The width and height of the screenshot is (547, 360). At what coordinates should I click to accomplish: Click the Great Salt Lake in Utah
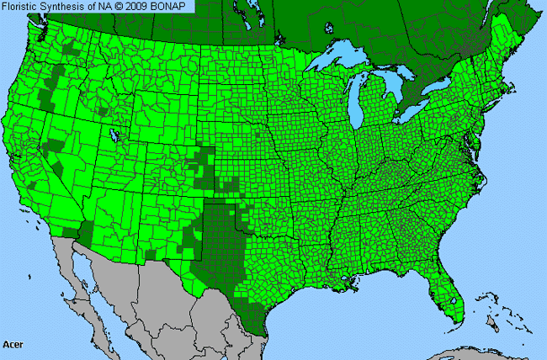click(x=113, y=134)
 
